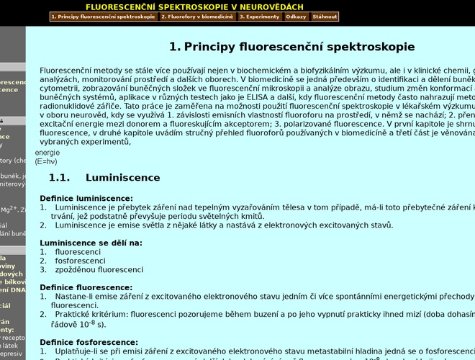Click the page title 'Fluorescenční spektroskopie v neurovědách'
coord(194,6)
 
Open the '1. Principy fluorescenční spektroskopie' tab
coord(104,17)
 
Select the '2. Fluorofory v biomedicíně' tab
coord(197,17)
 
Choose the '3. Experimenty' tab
coord(259,17)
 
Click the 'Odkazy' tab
coord(296,17)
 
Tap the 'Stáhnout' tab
coord(325,17)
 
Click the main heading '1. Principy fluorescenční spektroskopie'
coord(291,47)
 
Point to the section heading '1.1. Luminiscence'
coord(104,178)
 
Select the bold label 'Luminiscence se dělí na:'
coord(91,243)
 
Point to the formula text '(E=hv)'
coord(46,161)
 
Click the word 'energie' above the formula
coord(47,153)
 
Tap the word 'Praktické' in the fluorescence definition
coord(73,315)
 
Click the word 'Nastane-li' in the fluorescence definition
coord(74,297)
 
